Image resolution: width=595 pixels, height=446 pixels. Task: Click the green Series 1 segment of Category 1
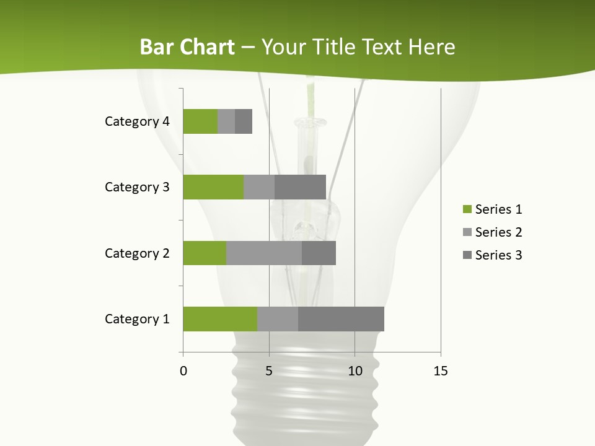coord(220,319)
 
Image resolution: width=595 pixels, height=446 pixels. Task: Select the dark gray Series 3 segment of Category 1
coord(341,319)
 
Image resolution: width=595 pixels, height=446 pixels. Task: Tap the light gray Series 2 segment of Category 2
coord(264,253)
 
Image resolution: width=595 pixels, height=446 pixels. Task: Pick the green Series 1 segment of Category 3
coord(213,187)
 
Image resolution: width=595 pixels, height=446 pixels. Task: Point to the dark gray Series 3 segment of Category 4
coord(244,121)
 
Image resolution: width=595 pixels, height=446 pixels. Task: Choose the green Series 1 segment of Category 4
coord(200,121)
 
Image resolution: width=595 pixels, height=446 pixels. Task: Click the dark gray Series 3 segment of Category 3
coord(300,187)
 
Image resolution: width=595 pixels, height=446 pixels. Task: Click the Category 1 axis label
coord(137,319)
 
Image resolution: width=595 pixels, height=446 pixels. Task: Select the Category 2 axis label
coord(137,253)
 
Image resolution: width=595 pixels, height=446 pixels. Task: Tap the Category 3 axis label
coord(137,187)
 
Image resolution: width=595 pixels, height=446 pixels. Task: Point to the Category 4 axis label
coord(137,121)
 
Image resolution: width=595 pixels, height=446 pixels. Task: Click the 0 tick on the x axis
coord(183,371)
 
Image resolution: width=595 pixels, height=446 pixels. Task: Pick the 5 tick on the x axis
coord(269,371)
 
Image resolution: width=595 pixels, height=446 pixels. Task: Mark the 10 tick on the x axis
coord(355,371)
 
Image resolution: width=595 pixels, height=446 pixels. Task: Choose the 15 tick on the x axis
coord(441,371)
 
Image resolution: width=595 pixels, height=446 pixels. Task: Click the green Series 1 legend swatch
coord(467,209)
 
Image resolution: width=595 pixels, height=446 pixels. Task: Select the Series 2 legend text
coord(498,232)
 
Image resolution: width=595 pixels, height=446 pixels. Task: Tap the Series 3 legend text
coord(498,255)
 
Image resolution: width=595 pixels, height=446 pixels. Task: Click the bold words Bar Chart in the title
coord(187,47)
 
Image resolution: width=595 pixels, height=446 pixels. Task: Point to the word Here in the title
coord(433,47)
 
